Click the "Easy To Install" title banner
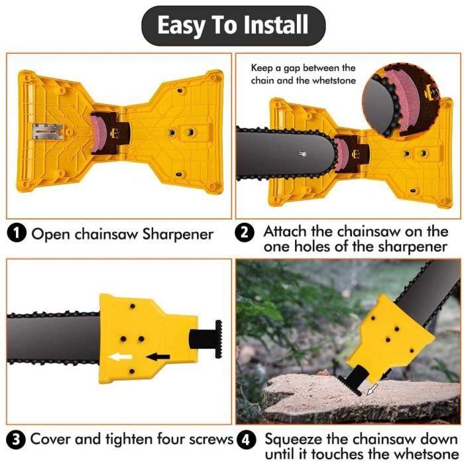[233, 26]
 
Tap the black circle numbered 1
[17, 233]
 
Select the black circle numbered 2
[245, 233]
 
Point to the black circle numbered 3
[16, 439]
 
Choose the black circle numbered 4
[246, 440]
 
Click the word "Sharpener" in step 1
[178, 235]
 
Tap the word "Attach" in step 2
[284, 232]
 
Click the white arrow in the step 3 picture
[121, 357]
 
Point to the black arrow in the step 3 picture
[158, 357]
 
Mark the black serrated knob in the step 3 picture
[218, 339]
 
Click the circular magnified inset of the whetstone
[401, 100]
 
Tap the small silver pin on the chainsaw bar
[303, 154]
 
